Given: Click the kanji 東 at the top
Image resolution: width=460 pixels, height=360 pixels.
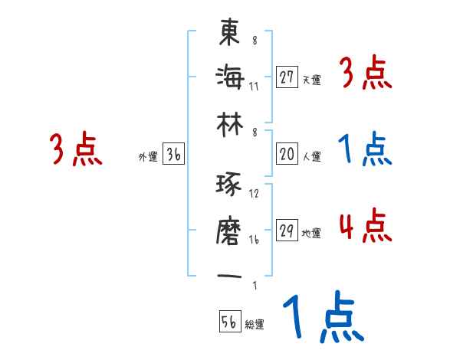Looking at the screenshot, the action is click(230, 33).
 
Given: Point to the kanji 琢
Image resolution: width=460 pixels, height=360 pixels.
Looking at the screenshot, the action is click(230, 186).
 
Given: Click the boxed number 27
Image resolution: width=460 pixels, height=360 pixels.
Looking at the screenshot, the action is click(287, 77).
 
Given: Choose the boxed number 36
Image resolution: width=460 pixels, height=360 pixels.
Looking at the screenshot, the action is click(173, 155).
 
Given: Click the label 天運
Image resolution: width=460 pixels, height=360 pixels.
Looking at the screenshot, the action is click(311, 80).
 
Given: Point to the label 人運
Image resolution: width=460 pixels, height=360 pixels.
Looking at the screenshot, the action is click(311, 157).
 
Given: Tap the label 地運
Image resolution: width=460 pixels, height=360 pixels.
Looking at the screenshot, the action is click(311, 234).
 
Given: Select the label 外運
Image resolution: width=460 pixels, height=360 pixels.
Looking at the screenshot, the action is click(147, 157).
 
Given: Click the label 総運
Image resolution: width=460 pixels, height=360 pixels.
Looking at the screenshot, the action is click(255, 324).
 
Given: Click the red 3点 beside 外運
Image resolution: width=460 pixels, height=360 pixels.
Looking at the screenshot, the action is click(76, 149).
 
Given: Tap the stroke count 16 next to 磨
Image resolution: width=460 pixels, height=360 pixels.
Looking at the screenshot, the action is click(254, 239).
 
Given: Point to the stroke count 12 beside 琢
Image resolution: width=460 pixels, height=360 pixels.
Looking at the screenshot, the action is click(254, 193).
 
